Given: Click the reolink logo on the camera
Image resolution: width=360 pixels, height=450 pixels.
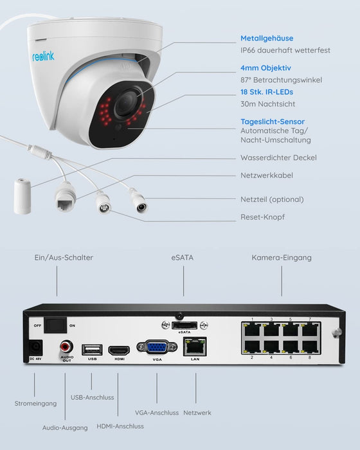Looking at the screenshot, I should [44, 56].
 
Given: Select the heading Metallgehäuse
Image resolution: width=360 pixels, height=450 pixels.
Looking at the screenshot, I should [267, 38].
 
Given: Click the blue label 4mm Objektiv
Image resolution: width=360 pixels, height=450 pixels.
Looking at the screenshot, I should [265, 67].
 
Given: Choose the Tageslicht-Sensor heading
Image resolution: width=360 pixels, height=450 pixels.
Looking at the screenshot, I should [273, 121].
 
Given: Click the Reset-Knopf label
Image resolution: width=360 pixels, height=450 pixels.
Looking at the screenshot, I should [262, 217].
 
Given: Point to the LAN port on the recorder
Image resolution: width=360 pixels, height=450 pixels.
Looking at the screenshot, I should [195, 347].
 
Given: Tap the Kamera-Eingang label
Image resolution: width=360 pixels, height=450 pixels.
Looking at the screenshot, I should [281, 258].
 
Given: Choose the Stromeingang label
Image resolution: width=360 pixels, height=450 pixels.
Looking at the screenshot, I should [35, 403].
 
